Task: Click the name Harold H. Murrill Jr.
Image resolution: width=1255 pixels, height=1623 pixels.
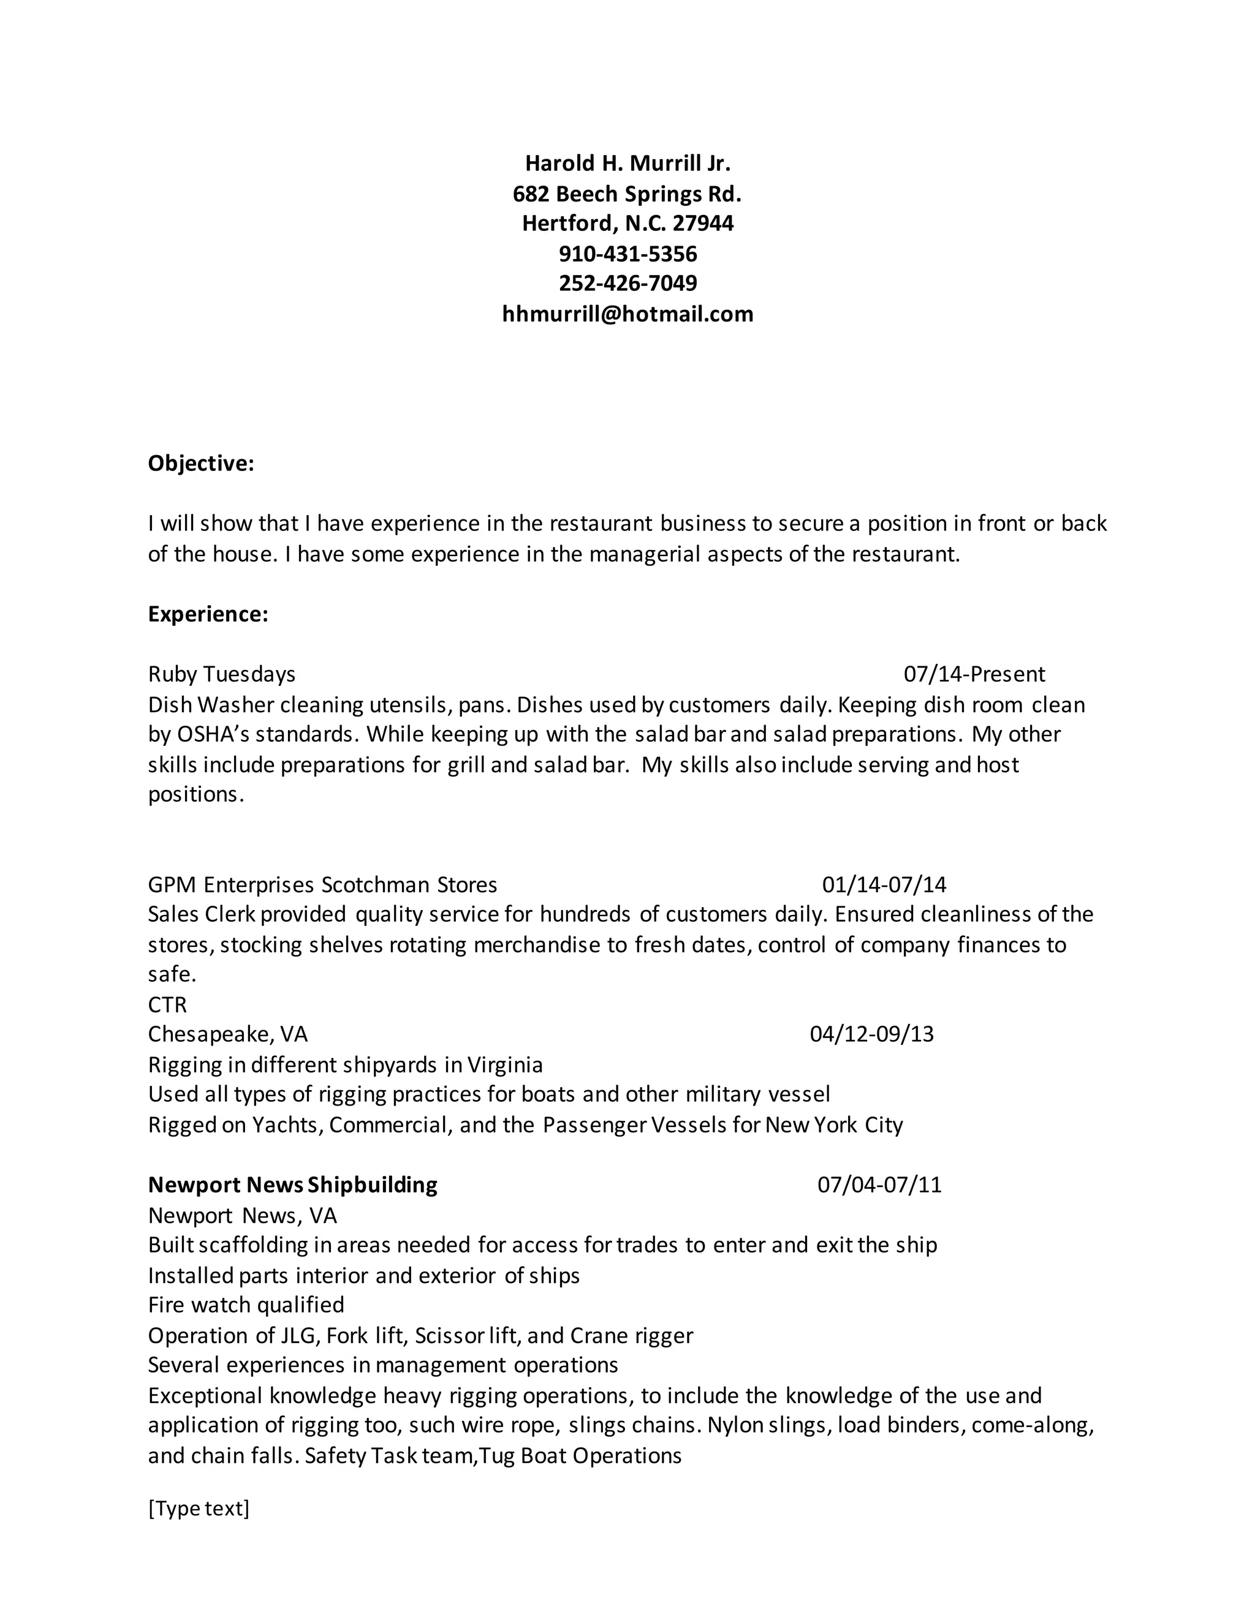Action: (627, 163)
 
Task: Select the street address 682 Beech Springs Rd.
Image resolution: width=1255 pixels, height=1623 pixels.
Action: (627, 194)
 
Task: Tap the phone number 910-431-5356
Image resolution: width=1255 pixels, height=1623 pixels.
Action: (627, 254)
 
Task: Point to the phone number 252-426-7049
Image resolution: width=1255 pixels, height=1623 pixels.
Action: (627, 283)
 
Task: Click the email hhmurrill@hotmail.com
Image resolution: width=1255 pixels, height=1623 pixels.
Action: (627, 314)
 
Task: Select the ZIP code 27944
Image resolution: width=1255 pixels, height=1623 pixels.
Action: (703, 223)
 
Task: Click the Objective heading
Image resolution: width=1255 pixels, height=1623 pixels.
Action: (201, 463)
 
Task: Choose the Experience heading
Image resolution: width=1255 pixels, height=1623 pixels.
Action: (208, 614)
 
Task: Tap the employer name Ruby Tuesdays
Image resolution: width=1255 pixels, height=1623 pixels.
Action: (222, 674)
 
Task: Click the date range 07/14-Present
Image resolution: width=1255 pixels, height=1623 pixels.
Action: (974, 674)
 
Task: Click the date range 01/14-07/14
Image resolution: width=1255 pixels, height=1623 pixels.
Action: (884, 884)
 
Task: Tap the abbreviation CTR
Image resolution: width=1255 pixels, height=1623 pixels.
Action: (167, 1004)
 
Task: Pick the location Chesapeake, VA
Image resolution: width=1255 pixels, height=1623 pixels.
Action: (227, 1034)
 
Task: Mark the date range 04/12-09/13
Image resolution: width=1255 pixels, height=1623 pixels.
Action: (871, 1034)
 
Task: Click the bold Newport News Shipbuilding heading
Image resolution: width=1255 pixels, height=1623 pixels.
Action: (293, 1184)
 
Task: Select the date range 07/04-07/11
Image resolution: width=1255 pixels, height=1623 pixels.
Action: (879, 1184)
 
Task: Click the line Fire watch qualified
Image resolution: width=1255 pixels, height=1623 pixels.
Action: (246, 1305)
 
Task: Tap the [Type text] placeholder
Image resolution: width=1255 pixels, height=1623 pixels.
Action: (199, 1508)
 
